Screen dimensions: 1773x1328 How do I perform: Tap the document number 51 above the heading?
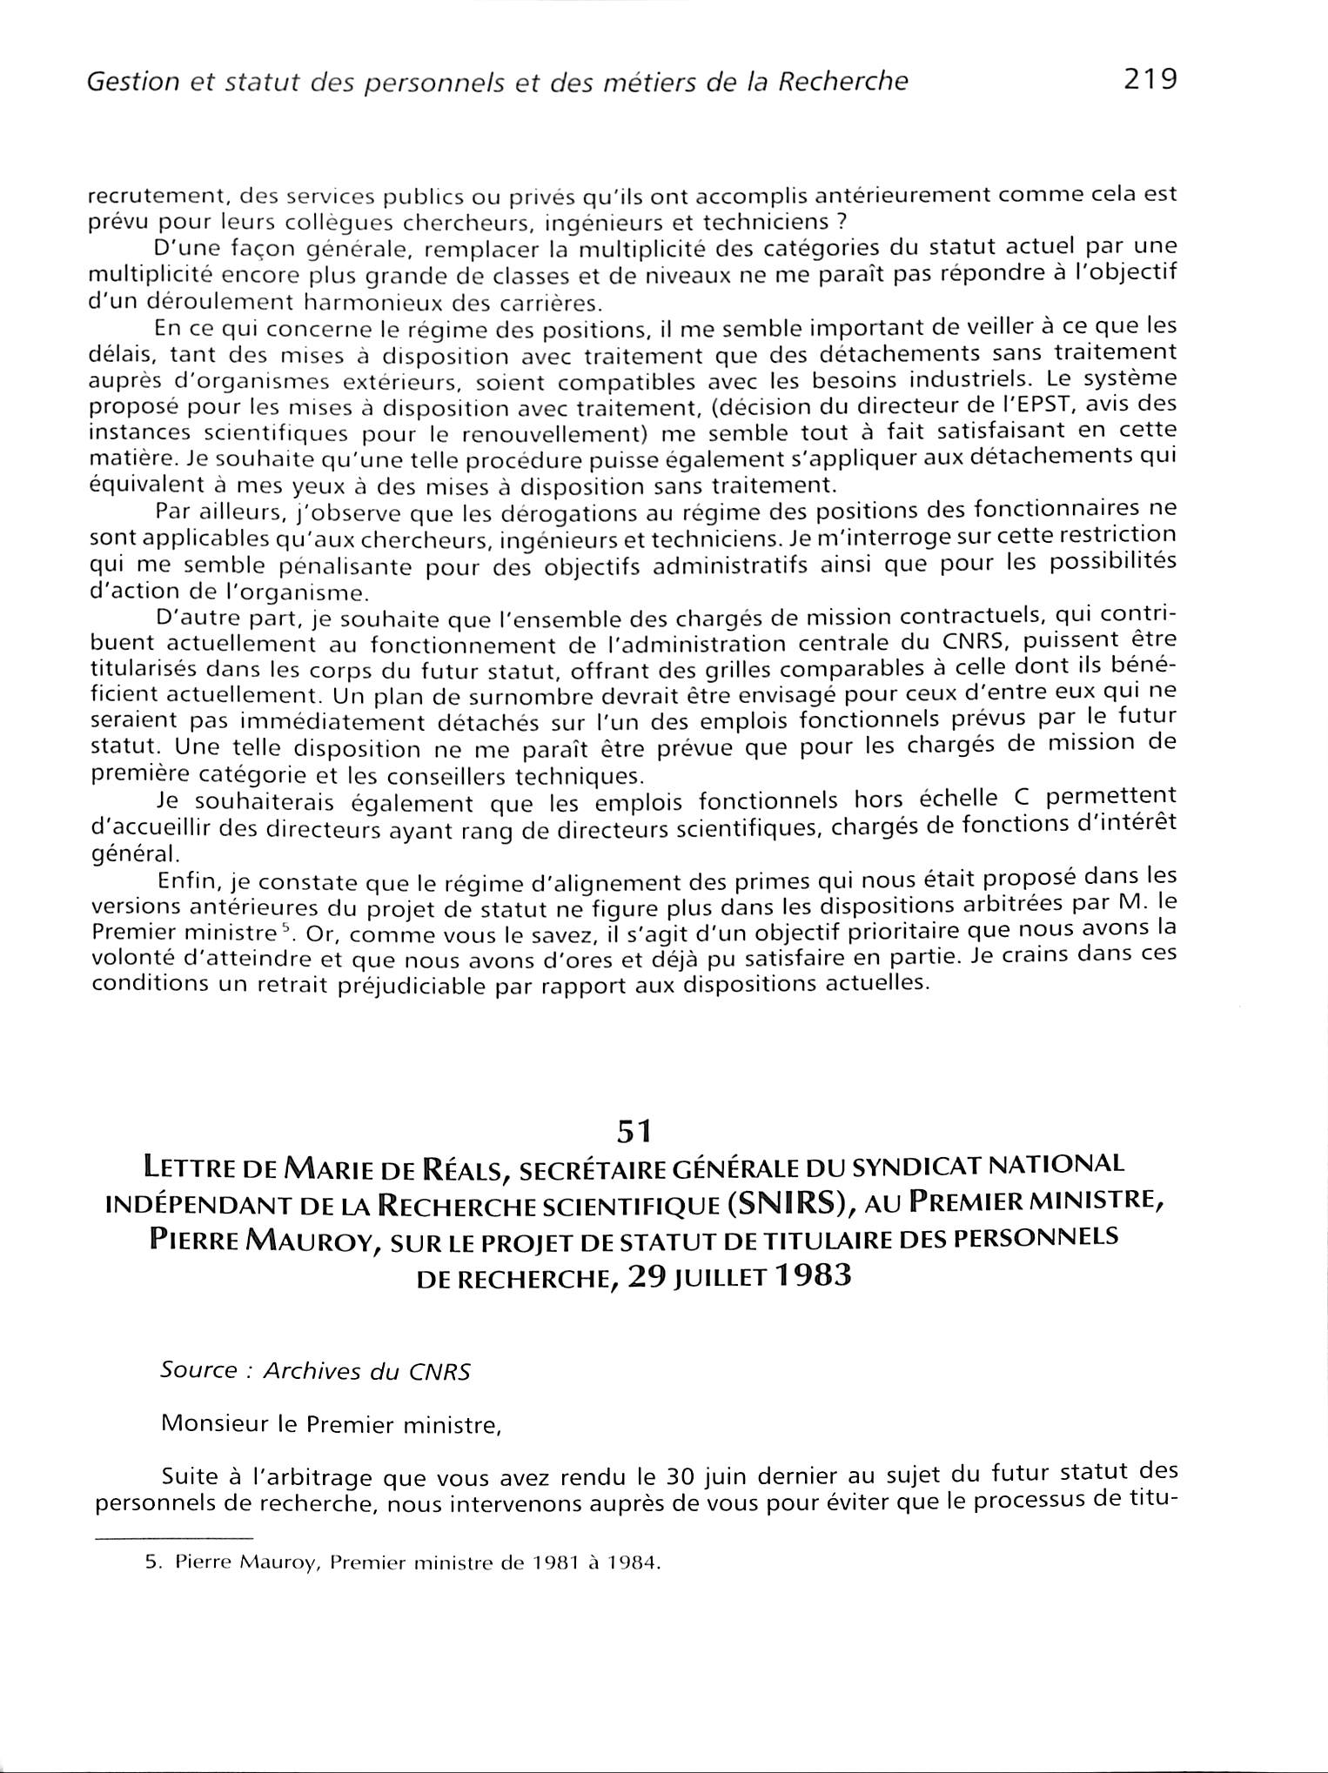634,1130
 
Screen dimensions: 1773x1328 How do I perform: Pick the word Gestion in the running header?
120,82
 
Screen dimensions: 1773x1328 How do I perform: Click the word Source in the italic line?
198,1370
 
